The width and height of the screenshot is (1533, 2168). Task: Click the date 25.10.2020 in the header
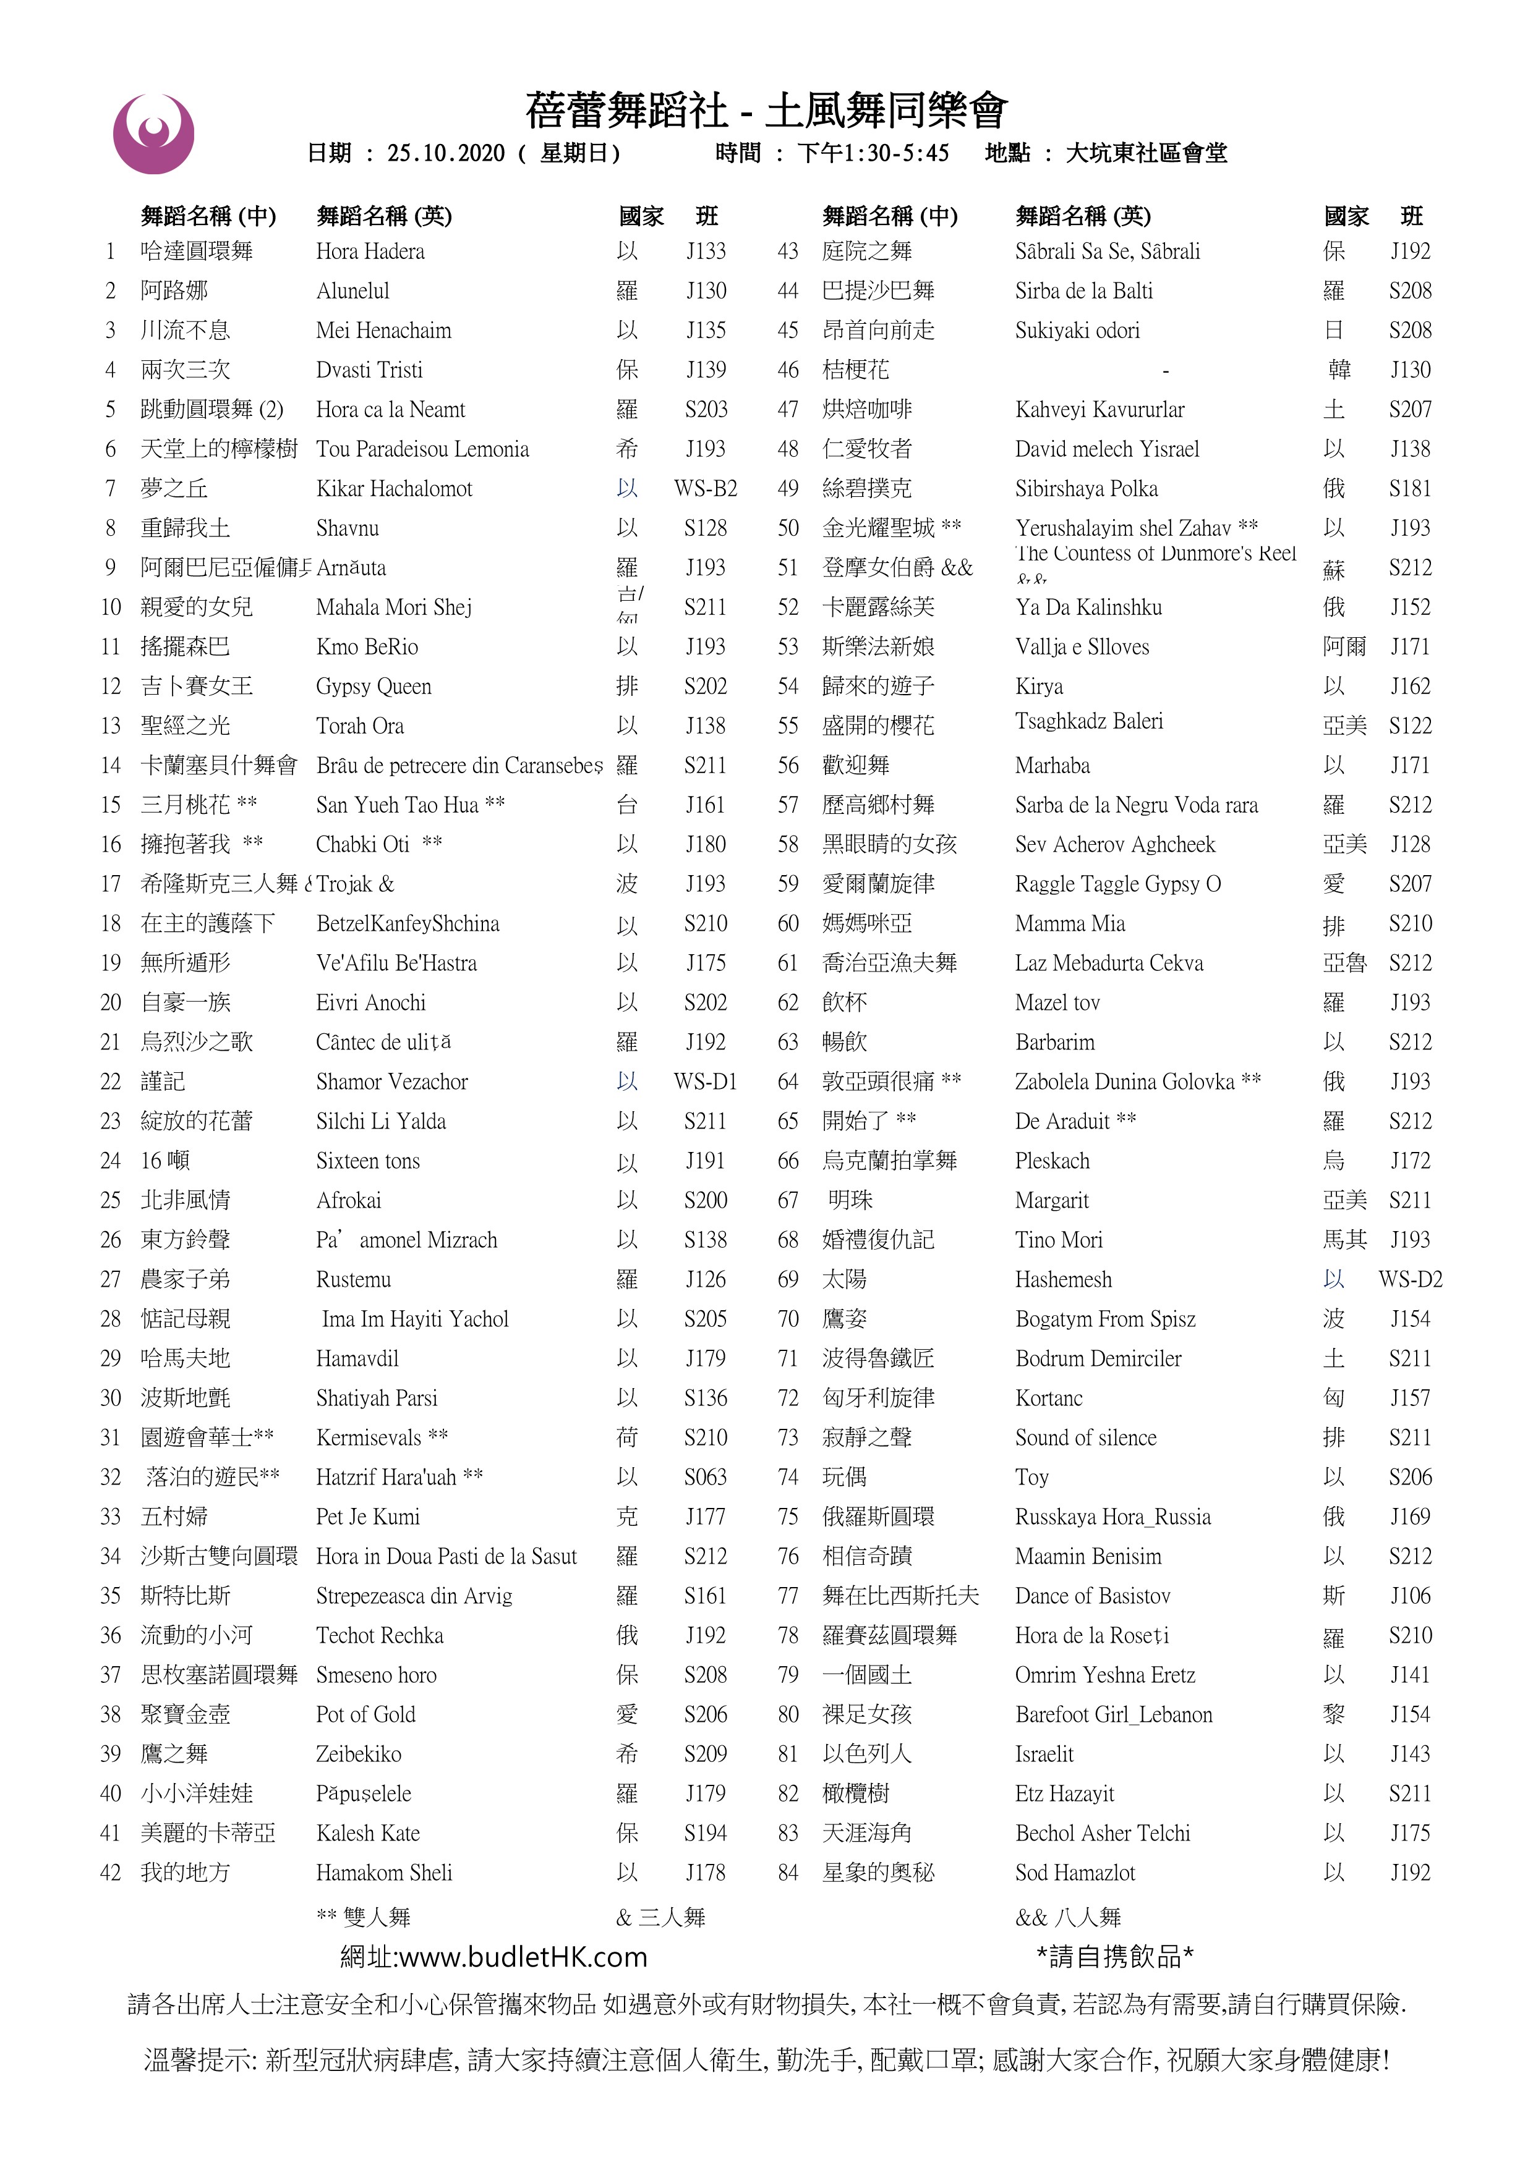coord(446,153)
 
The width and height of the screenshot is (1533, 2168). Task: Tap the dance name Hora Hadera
coord(370,251)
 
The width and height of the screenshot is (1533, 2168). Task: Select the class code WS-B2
coord(706,488)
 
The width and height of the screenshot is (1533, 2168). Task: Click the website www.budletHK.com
coord(523,1957)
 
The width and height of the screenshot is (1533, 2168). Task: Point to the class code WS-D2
coord(1410,1279)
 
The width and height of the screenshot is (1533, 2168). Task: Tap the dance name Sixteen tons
coord(367,1161)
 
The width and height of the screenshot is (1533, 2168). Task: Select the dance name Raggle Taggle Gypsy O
coord(1117,884)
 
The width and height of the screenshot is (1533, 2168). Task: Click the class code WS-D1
coord(706,1081)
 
